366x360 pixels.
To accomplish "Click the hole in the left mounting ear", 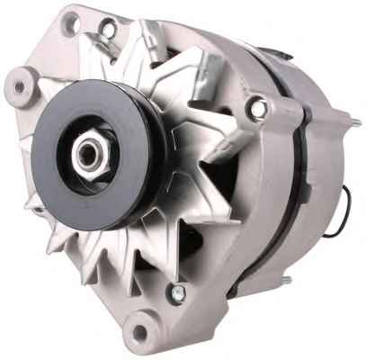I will tap(17, 87).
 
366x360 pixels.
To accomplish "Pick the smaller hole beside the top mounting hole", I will tap(109, 30).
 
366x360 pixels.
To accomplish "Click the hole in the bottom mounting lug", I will tap(138, 334).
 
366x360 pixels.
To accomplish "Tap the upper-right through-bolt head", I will tap(259, 108).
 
